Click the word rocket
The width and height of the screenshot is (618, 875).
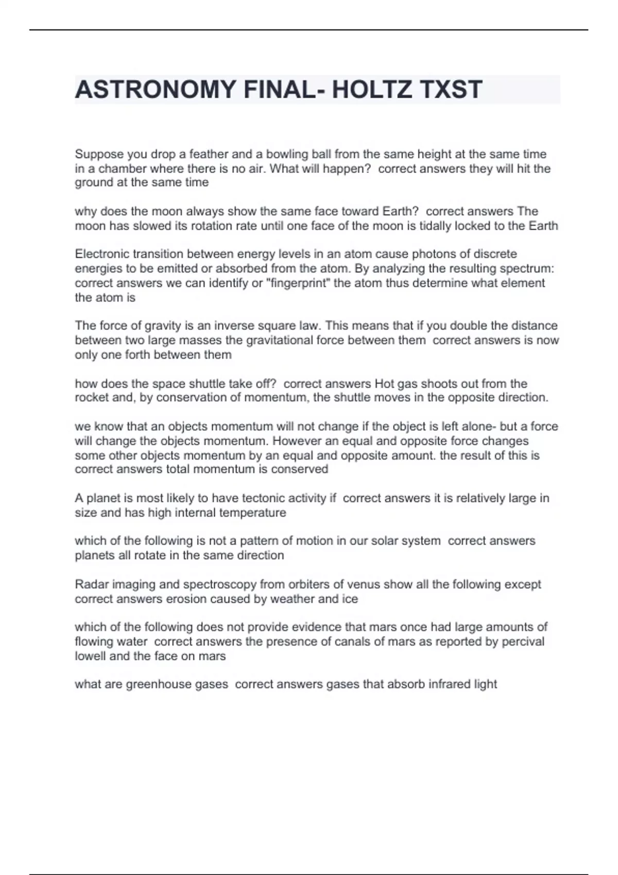pos(92,397)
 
